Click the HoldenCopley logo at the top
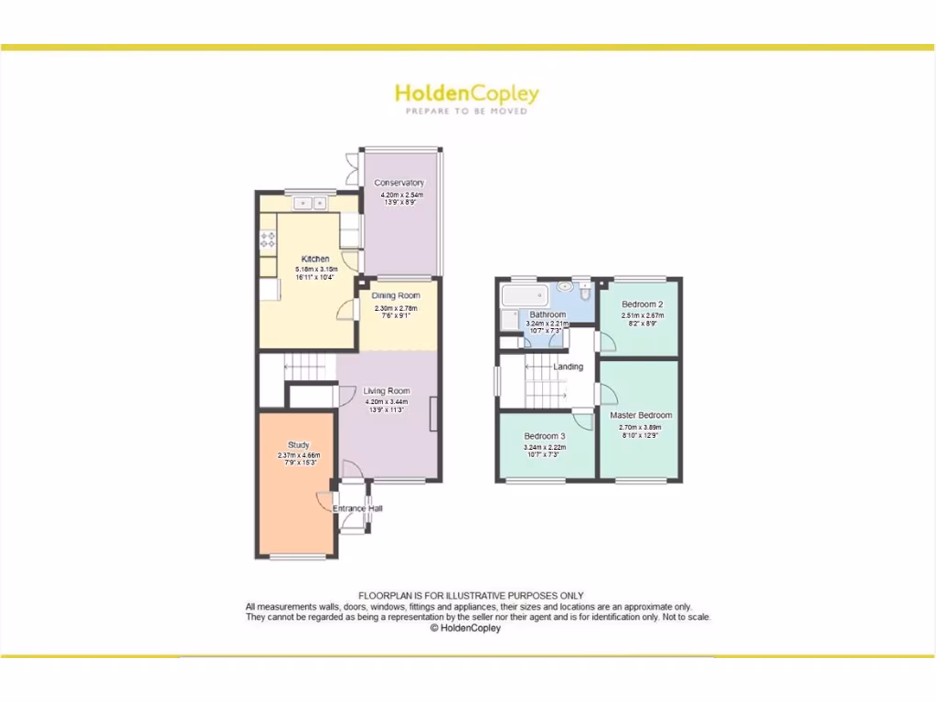click(x=466, y=93)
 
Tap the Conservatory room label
click(x=399, y=183)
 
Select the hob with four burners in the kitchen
click(x=269, y=240)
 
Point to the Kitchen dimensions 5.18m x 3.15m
click(x=316, y=270)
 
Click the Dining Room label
click(x=397, y=295)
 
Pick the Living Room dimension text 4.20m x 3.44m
click(x=388, y=401)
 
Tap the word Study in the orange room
click(x=299, y=445)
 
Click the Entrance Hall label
click(x=356, y=508)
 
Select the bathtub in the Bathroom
click(x=524, y=296)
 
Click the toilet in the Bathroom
click(x=586, y=292)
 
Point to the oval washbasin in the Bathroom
click(x=563, y=285)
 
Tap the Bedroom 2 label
click(x=642, y=304)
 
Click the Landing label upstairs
click(x=569, y=367)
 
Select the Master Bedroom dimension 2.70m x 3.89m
click(x=640, y=427)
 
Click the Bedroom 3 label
click(x=545, y=436)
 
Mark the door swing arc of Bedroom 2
click(x=607, y=342)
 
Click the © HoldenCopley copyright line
click(x=466, y=628)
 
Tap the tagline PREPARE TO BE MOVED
click(x=466, y=111)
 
